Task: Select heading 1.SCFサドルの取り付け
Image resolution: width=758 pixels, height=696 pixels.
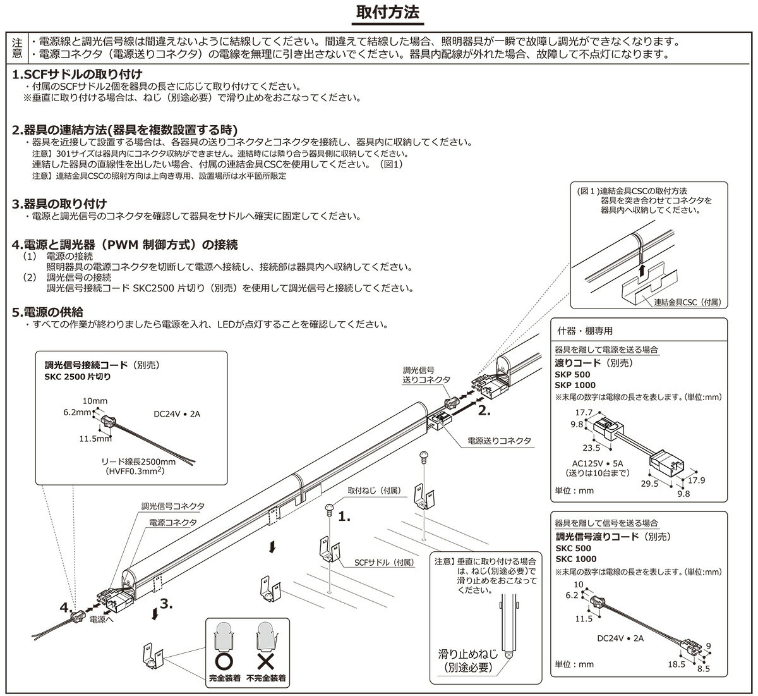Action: coord(77,74)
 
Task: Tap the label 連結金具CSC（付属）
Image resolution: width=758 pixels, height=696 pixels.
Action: coord(687,303)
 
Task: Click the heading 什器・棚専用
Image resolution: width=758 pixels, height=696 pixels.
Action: coord(585,331)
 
